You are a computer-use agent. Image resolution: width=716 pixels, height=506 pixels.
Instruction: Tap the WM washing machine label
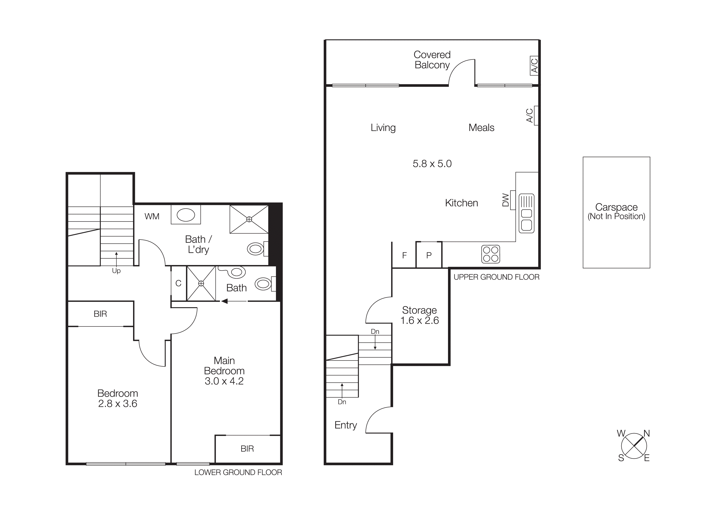[x=152, y=216]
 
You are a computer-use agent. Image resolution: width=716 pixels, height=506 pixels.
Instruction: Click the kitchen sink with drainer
[x=526, y=213]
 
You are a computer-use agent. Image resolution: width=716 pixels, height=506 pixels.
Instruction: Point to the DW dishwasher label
[x=506, y=200]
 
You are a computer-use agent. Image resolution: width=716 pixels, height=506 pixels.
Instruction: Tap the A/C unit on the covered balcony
[x=534, y=66]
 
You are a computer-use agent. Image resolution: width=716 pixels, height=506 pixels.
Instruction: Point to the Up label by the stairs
[x=116, y=271]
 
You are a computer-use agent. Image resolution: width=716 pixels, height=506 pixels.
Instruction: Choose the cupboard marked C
[x=178, y=283]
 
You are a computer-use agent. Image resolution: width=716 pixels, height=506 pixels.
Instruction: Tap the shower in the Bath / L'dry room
[x=249, y=219]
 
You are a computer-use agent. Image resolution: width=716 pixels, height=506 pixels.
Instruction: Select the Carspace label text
[x=616, y=207]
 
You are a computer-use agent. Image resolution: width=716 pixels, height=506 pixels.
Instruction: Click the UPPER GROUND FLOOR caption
[x=496, y=277]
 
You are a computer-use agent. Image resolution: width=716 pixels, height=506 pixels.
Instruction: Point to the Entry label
[x=346, y=425]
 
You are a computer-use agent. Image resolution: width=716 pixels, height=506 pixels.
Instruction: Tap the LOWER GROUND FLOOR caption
[x=238, y=472]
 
